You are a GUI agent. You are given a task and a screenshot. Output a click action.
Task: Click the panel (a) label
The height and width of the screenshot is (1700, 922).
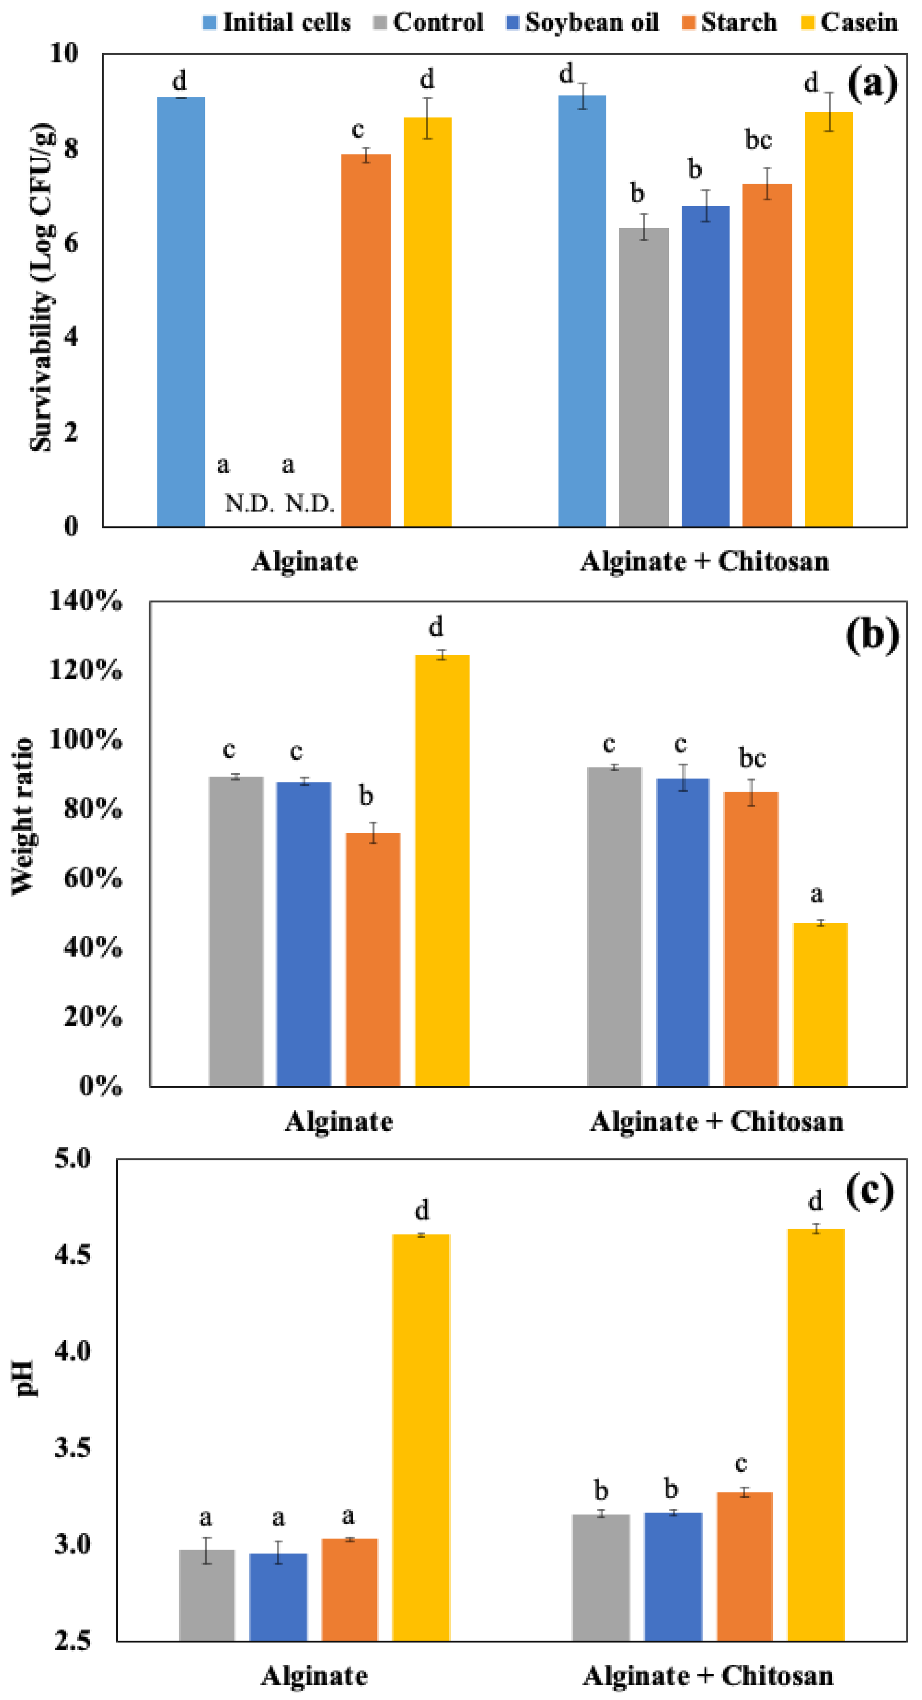point(872,84)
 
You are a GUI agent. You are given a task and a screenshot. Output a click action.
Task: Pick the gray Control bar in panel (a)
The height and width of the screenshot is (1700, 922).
point(643,377)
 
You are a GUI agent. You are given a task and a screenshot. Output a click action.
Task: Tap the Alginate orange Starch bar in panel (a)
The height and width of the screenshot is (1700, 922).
point(366,340)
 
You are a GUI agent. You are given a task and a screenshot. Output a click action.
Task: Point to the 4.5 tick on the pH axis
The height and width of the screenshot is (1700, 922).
point(73,1255)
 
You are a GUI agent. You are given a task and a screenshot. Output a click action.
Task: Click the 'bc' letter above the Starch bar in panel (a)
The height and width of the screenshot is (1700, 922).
point(758,139)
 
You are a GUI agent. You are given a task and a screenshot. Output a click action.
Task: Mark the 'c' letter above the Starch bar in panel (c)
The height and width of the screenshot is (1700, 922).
point(741,1464)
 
